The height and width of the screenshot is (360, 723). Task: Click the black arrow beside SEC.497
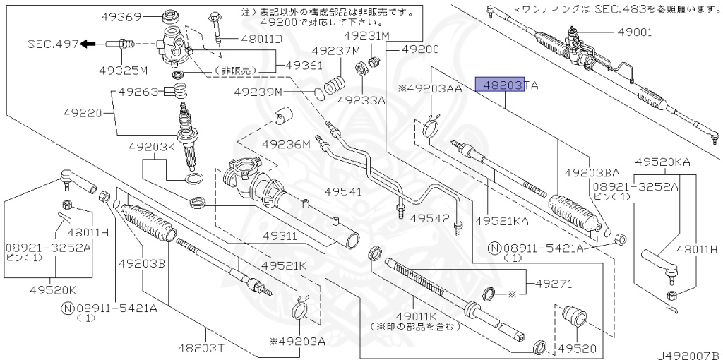[x=88, y=44]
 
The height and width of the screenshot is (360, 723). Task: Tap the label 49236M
[x=286, y=145]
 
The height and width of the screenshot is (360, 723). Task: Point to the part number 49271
[x=556, y=284]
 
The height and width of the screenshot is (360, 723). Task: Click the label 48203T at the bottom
[x=202, y=347]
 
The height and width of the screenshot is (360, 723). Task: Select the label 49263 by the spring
[x=138, y=92]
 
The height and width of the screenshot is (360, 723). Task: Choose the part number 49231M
[x=366, y=35]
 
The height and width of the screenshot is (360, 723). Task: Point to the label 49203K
[x=151, y=147]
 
